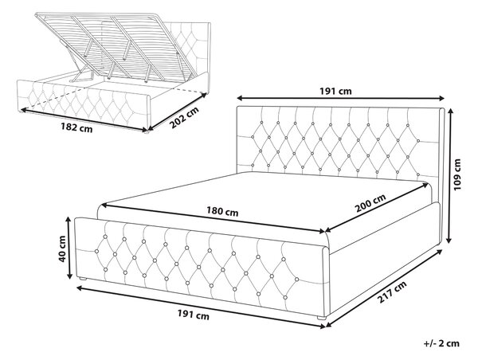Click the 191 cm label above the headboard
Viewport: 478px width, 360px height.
pos(335,91)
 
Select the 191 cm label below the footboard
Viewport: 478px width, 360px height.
pos(194,315)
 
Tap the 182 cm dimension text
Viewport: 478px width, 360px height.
pos(76,127)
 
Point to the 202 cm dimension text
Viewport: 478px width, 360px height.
pos(184,118)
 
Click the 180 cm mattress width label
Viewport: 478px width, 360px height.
pos(222,211)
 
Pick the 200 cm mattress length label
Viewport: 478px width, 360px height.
pos(370,203)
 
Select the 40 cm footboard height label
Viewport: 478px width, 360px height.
pos(62,248)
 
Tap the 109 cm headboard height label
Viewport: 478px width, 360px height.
pos(457,174)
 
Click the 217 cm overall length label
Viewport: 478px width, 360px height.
pos(392,292)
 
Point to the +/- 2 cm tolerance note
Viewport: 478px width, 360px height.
pos(441,343)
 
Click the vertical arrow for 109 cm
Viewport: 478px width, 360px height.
pos(449,176)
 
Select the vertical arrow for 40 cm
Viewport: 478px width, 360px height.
pos(69,248)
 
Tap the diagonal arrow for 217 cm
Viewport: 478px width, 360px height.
pos(384,288)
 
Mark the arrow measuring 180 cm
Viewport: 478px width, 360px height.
pos(213,218)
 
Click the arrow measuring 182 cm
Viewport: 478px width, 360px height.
pos(84,119)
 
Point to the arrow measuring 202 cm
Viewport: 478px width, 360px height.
pos(178,112)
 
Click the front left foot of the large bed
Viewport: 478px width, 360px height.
pos(83,279)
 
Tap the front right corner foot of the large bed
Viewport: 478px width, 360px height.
pos(321,318)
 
